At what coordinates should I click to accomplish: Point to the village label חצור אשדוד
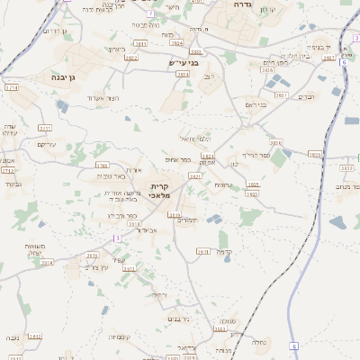coord(104,97)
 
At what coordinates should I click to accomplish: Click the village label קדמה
coord(225,252)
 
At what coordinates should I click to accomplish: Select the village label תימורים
coord(186,220)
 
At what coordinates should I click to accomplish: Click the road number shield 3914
coord(47,263)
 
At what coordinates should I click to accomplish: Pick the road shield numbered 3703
coord(102,166)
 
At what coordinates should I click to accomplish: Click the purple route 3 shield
coord(116,238)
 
